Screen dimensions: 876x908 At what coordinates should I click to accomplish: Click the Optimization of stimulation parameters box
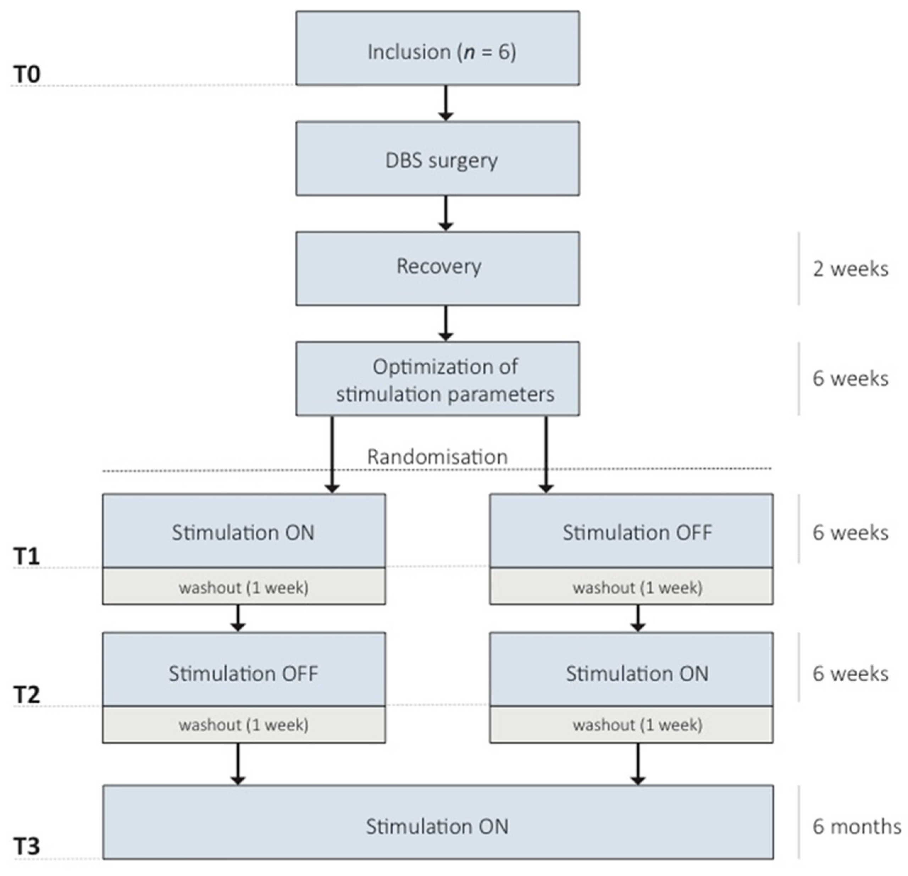tap(437, 379)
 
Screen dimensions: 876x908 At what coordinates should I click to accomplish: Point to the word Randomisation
tap(437, 457)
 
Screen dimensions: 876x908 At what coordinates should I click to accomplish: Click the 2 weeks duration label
tap(851, 269)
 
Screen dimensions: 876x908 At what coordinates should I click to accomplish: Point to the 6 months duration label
tap(857, 826)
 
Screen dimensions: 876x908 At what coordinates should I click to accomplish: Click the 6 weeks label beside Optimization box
tap(851, 379)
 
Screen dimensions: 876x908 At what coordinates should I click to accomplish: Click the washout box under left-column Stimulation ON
tap(244, 587)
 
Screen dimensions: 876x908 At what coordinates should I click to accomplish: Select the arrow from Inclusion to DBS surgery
tap(445, 103)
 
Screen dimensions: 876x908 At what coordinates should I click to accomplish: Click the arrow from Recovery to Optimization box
tap(445, 323)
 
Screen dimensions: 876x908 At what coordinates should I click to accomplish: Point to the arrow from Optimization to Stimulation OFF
tap(546, 454)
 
